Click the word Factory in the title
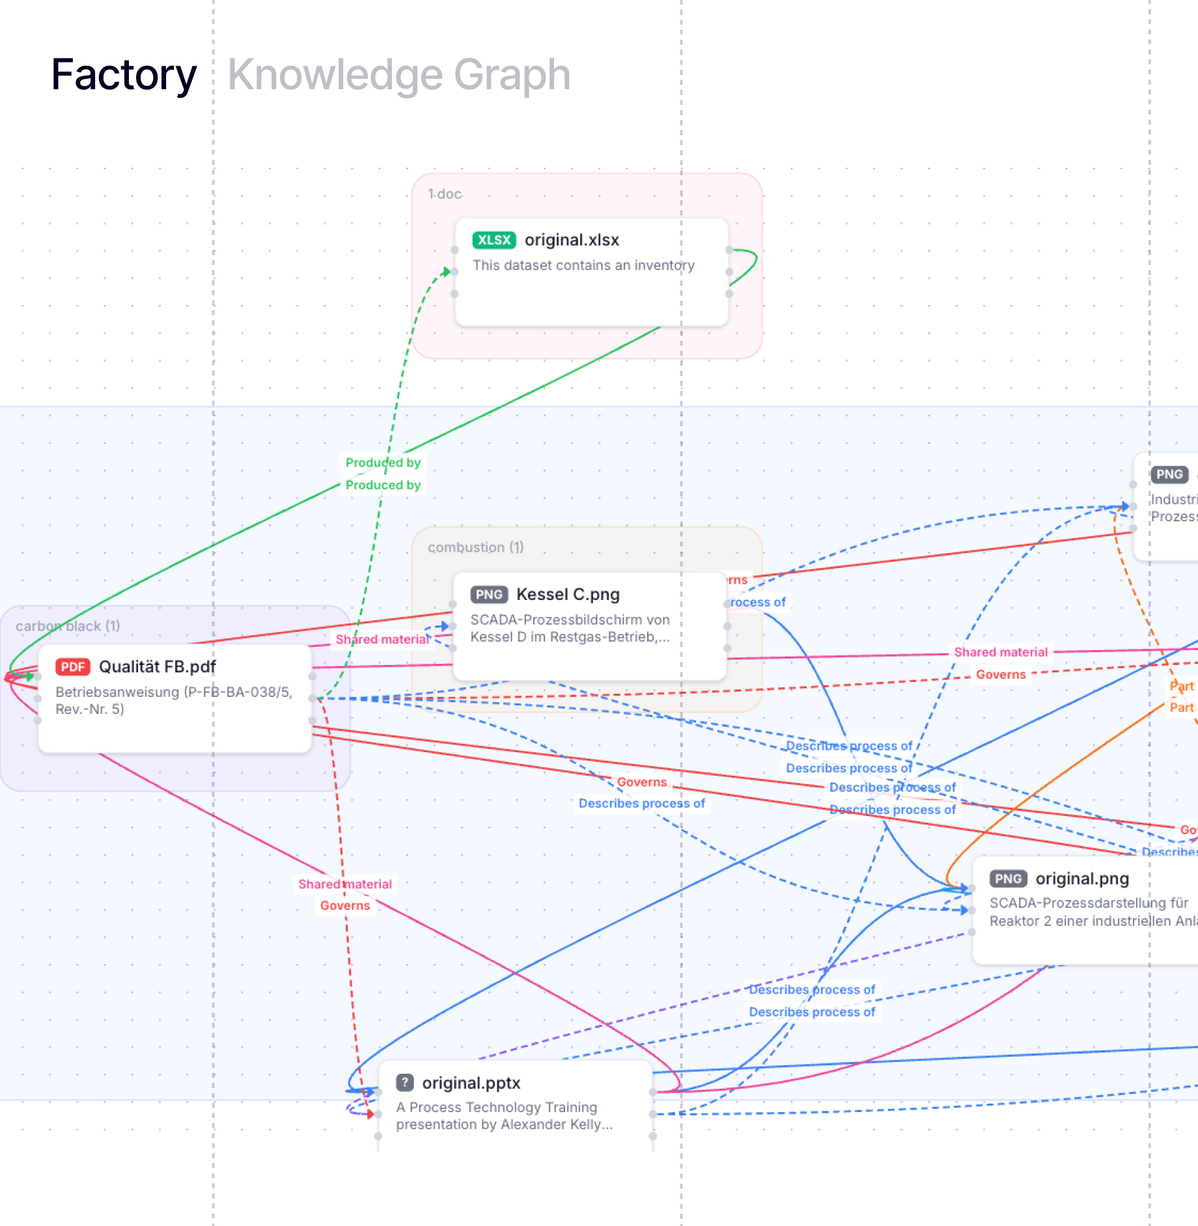pos(124,75)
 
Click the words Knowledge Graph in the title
pos(398,75)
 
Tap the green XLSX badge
pos(494,240)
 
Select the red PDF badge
pos(72,667)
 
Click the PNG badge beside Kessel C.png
pos(488,594)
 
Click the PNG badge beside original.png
pos(1008,879)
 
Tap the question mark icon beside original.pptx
pos(405,1083)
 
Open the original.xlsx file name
pos(572,240)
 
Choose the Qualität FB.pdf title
pos(157,667)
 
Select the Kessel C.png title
pos(568,594)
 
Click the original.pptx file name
pos(471,1083)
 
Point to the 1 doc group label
pos(445,194)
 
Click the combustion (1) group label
pos(475,547)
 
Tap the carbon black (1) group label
pos(68,626)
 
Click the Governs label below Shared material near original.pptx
pos(344,906)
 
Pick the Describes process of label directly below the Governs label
pos(641,804)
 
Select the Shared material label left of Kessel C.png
pos(382,640)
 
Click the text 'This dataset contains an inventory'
pos(583,266)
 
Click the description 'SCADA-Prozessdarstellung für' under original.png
pos(1089,903)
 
